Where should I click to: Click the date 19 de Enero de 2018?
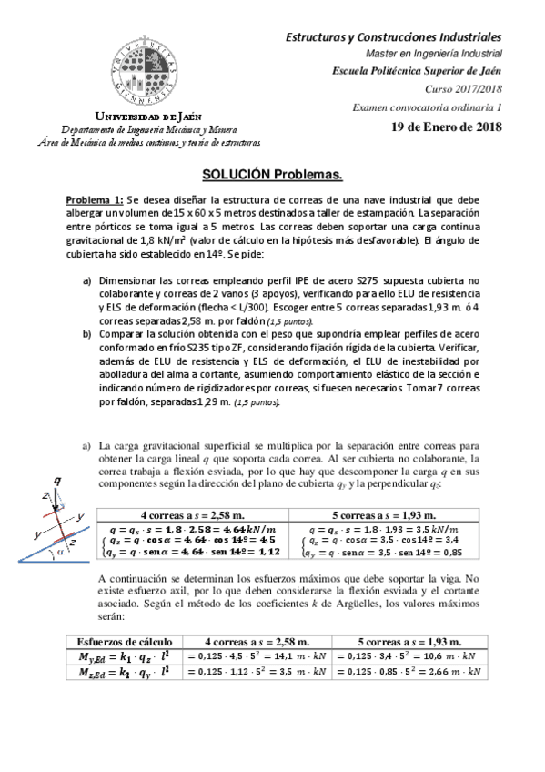coord(446,127)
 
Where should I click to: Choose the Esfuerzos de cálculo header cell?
coord(120,640)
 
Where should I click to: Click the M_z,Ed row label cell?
coord(120,673)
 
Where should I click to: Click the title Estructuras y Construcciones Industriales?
coord(394,37)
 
